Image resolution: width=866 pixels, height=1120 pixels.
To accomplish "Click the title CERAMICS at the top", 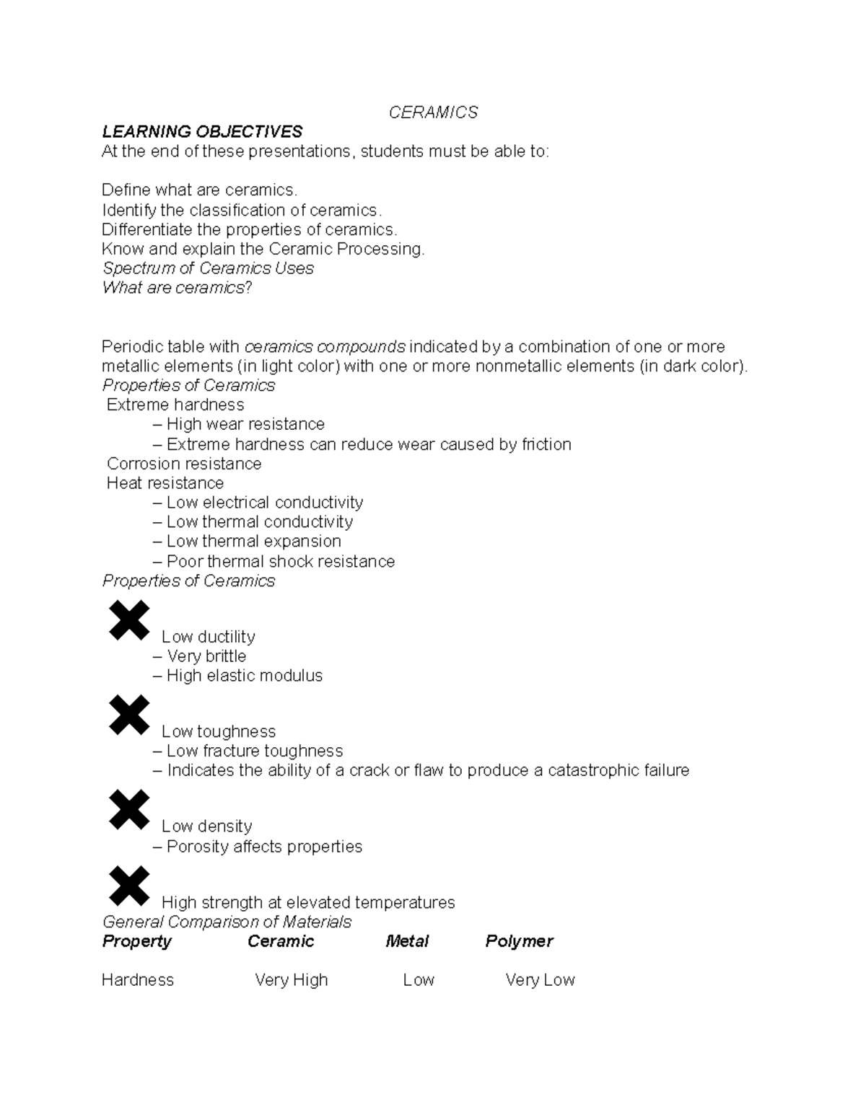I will (x=433, y=113).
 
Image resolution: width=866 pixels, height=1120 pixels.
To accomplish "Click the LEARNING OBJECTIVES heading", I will (x=202, y=132).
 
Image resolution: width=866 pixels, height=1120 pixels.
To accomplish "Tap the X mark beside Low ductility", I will (x=129, y=620).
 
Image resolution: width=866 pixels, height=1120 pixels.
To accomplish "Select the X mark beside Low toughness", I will (x=129, y=715).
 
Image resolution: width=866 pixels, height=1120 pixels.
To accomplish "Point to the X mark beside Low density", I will (x=129, y=809).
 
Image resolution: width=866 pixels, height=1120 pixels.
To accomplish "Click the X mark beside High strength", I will (x=129, y=886).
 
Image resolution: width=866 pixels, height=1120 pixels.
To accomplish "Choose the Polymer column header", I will (x=519, y=941).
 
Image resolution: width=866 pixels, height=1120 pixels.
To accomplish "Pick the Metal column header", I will (x=407, y=941).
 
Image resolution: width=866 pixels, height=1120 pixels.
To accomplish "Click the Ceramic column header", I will (x=281, y=941).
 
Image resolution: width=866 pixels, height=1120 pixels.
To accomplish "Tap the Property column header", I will (x=137, y=941).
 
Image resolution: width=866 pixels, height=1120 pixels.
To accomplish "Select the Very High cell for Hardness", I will (x=292, y=980).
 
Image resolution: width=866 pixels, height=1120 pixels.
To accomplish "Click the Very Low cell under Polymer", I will (x=540, y=980).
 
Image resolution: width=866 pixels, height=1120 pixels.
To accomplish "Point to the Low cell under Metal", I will (x=419, y=980).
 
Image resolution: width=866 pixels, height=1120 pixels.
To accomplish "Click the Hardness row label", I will (x=138, y=980).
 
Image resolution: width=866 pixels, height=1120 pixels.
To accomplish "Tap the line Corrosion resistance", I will (x=184, y=464).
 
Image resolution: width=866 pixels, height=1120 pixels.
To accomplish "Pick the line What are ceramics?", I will (x=177, y=288).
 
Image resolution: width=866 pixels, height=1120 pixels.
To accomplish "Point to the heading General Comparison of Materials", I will (x=227, y=922).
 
